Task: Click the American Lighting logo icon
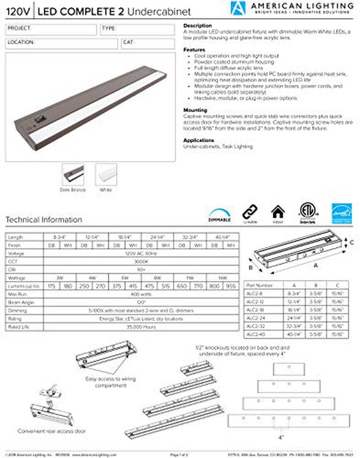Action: click(238, 8)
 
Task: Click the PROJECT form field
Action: click(51, 29)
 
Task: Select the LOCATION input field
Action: click(61, 44)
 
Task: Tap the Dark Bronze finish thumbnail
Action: click(73, 175)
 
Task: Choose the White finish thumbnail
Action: click(106, 175)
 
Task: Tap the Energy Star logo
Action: click(341, 213)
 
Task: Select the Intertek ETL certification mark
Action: click(308, 213)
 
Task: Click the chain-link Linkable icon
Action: click(250, 212)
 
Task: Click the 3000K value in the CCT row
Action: click(141, 262)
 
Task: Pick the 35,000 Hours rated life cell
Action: click(141, 327)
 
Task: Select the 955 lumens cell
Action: click(231, 286)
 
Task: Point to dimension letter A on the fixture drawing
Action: click(315, 266)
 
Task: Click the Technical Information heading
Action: click(44, 220)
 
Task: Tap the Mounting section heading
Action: click(195, 110)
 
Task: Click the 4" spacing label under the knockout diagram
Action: click(281, 437)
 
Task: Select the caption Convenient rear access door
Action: click(52, 431)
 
